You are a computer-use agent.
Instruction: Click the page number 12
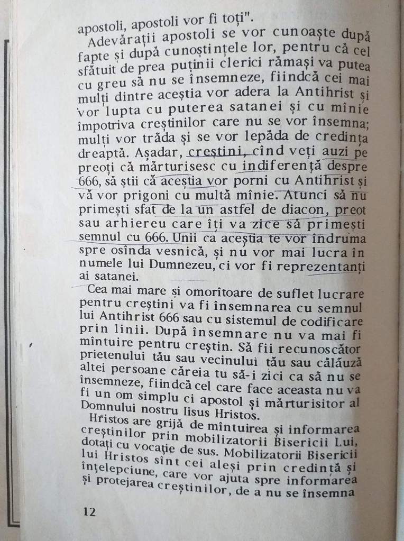89,512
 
